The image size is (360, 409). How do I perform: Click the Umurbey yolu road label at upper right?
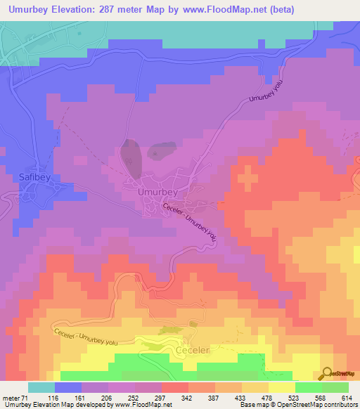[269, 90]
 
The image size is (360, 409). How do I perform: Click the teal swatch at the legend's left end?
[41, 387]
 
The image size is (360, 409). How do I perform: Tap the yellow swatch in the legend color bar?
[282, 387]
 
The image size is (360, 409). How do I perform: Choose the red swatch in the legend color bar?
[175, 387]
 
